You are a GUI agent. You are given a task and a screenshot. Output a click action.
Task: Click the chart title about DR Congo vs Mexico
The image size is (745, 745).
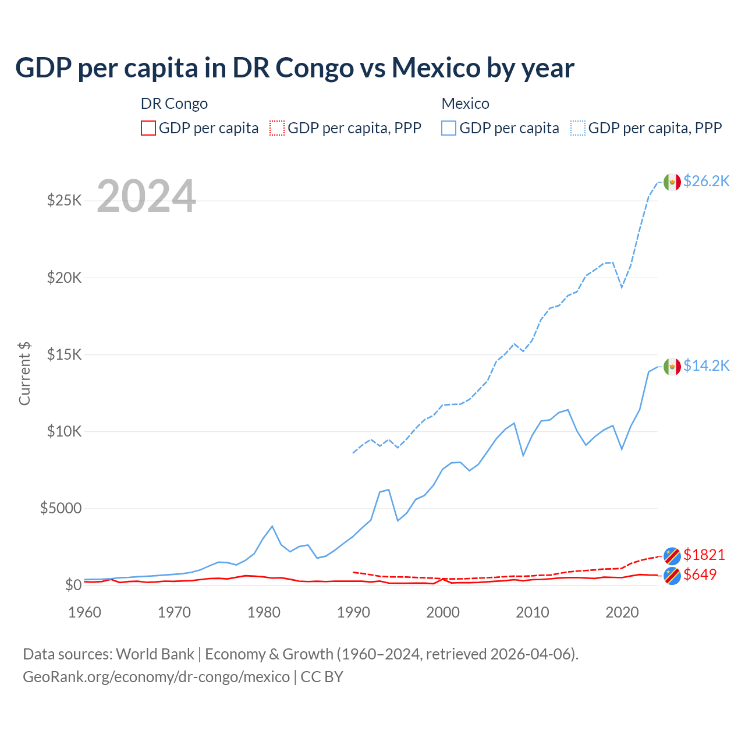[x=295, y=68]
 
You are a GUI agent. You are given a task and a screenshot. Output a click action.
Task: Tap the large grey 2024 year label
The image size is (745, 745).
[x=146, y=196]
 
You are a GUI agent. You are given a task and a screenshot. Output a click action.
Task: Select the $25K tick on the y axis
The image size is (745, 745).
[x=64, y=201]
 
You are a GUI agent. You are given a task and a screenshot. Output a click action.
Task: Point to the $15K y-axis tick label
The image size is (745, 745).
[x=64, y=354]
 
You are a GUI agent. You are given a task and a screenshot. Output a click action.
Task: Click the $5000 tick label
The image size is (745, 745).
[x=61, y=508]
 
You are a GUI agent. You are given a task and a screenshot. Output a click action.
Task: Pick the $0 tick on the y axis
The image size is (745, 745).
[x=73, y=585]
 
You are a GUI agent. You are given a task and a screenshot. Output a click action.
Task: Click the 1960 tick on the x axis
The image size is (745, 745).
[x=85, y=612]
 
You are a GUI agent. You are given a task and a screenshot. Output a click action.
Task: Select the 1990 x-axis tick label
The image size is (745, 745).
[x=353, y=612]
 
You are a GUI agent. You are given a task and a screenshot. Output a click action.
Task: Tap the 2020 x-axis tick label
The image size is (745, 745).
[x=622, y=612]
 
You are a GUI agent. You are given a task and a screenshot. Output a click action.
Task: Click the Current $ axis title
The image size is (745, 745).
[x=24, y=374]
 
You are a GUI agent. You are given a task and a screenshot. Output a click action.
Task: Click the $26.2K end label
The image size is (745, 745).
[x=706, y=181]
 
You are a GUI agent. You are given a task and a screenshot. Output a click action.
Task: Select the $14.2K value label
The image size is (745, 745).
[x=706, y=366]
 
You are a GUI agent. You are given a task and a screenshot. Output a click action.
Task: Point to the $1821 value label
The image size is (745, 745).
[x=704, y=555]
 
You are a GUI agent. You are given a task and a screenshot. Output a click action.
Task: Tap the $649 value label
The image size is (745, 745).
[x=700, y=574]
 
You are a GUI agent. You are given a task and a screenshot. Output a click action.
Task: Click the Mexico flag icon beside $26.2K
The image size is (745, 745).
[x=672, y=182]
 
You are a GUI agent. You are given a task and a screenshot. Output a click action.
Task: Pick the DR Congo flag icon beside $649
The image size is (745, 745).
[x=672, y=576]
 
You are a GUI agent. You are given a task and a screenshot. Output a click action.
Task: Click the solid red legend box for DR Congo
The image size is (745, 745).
[x=148, y=128]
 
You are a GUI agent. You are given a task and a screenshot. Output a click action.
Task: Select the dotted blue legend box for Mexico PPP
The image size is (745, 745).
[x=578, y=128]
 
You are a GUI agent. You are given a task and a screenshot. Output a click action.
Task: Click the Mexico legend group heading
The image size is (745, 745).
[x=465, y=104]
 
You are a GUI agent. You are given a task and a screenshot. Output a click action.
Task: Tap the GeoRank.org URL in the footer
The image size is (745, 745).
[x=156, y=677]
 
